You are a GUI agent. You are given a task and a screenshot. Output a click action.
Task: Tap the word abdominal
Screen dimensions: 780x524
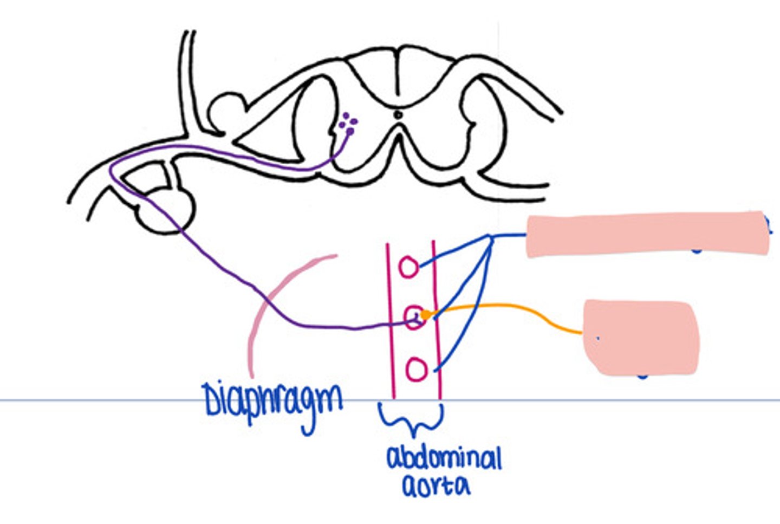[x=444, y=460]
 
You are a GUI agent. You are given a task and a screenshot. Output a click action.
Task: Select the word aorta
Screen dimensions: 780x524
[x=436, y=486]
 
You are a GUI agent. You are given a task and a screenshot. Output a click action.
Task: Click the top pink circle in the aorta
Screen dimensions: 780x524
[x=409, y=268]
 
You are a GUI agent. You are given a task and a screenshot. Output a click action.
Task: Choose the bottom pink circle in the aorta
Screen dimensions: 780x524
[x=417, y=370]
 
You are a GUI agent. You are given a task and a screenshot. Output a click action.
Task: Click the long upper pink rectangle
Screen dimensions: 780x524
[x=647, y=234]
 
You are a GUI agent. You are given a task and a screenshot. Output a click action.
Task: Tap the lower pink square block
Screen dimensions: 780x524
[x=642, y=337]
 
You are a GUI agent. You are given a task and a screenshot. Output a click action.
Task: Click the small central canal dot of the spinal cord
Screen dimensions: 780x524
[x=398, y=114]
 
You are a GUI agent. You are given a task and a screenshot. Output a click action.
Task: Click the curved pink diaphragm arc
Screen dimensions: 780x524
[x=260, y=314]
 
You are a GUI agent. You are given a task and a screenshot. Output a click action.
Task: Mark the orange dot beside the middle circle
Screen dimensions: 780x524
[x=426, y=315]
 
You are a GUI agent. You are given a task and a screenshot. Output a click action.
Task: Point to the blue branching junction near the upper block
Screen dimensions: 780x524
[x=490, y=237]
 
